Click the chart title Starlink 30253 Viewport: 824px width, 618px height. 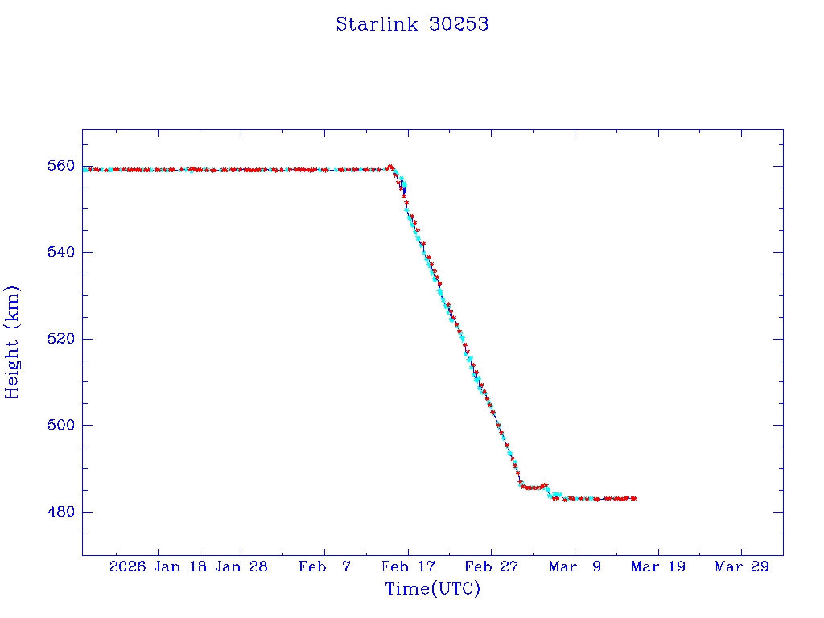pos(412,24)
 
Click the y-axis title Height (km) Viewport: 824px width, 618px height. pos(12,342)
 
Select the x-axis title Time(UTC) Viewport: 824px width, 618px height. pos(432,589)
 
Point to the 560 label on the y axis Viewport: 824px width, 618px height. pos(62,166)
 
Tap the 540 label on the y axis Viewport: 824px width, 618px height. pos(62,252)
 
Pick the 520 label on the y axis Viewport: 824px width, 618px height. pos(62,339)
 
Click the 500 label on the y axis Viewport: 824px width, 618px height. pos(62,425)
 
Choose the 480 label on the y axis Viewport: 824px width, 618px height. pos(62,512)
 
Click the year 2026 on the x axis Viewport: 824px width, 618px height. pos(127,566)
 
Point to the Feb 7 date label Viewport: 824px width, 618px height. pos(325,566)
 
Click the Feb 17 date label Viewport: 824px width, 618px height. pos(408,566)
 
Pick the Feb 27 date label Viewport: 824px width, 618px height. pos(491,566)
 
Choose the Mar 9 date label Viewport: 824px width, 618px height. pos(575,566)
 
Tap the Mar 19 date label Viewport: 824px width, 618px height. pos(658,566)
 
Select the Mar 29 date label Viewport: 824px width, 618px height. pos(742,566)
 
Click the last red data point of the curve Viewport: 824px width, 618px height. pos(635,499)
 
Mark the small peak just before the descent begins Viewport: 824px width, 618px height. pos(390,167)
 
